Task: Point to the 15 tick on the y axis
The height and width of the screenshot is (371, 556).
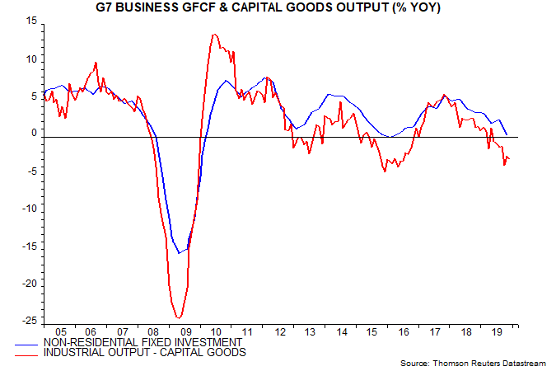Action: tap(31, 21)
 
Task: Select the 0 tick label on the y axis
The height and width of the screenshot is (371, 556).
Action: tap(34, 133)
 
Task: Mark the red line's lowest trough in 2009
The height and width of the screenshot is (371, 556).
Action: tap(178, 318)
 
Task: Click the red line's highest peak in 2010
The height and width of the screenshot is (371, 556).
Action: tap(214, 35)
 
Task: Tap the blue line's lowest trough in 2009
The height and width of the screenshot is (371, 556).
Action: tap(179, 253)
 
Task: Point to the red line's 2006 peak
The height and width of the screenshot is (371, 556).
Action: tap(96, 63)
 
